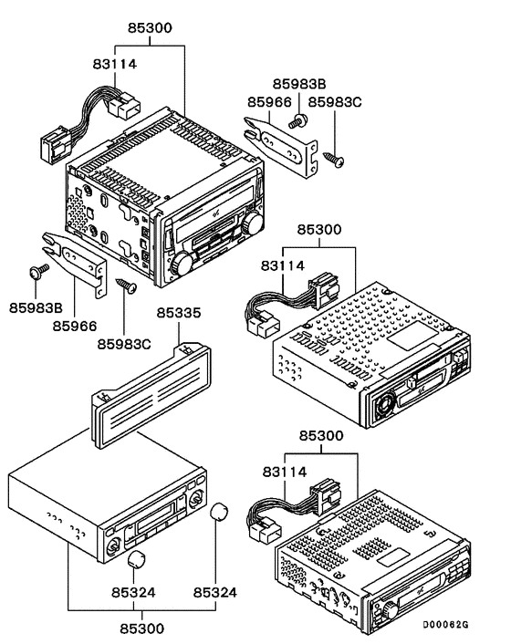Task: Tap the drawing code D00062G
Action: click(x=445, y=625)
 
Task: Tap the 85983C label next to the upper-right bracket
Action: click(x=334, y=102)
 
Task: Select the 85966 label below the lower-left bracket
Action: click(x=74, y=324)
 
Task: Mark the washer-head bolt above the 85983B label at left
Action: click(x=36, y=271)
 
